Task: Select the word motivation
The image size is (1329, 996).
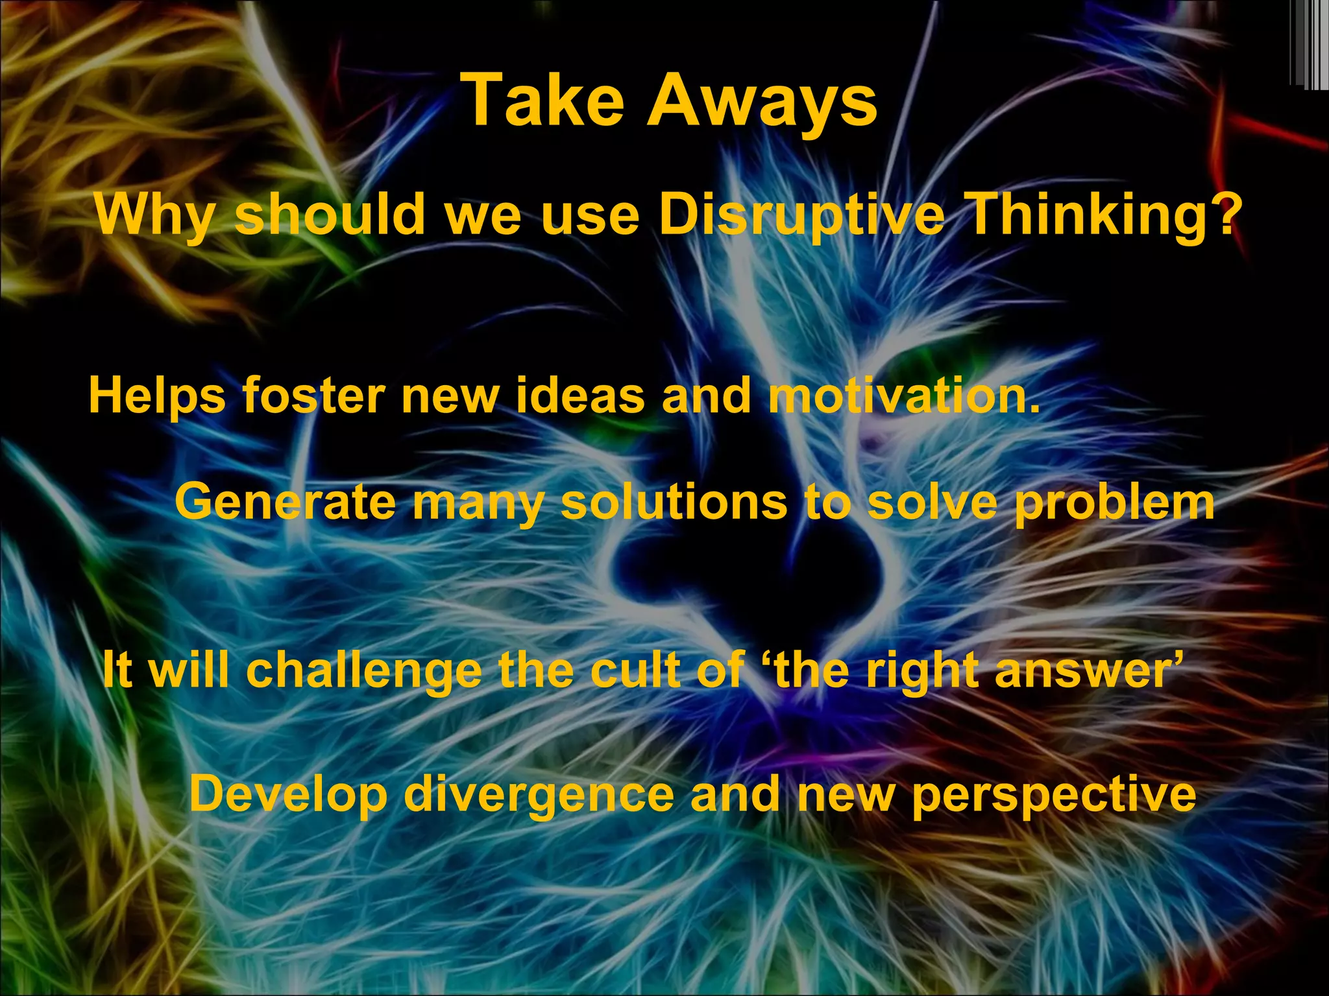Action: [903, 396]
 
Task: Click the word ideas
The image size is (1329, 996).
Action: [580, 396]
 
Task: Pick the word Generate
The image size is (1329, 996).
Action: [285, 503]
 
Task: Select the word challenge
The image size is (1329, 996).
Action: [363, 670]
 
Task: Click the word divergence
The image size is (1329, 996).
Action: [539, 795]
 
